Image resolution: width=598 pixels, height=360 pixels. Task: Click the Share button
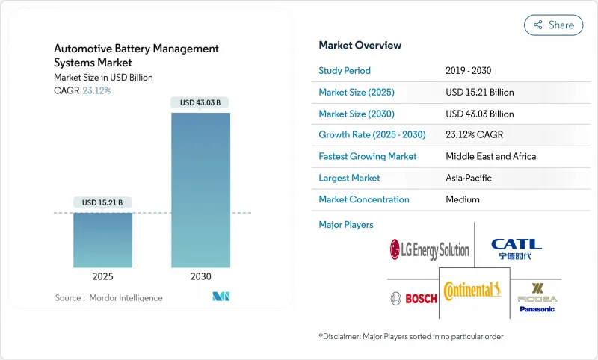coord(553,25)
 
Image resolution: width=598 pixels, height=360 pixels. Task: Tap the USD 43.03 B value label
coord(200,102)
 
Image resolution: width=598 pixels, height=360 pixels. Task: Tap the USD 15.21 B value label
coord(102,202)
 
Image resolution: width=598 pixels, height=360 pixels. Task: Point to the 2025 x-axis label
coord(102,276)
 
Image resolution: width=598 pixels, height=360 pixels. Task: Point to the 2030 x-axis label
coord(200,276)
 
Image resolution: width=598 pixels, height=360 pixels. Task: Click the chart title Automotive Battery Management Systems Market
coord(136,55)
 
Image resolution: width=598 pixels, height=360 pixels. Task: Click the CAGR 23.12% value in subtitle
coord(95,90)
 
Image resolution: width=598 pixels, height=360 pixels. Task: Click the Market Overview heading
coord(360,46)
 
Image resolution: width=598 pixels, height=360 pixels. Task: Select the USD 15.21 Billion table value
coord(479,93)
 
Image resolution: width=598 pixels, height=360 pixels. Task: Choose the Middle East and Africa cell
coord(490,157)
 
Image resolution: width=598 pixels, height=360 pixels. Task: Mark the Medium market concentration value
coord(463,199)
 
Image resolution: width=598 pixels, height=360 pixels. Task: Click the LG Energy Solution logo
coord(430,250)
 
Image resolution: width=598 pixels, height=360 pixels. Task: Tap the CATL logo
coord(516,249)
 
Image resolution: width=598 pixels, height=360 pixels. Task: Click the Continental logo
coord(472,290)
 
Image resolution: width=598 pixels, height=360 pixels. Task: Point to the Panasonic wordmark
coord(537,309)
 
